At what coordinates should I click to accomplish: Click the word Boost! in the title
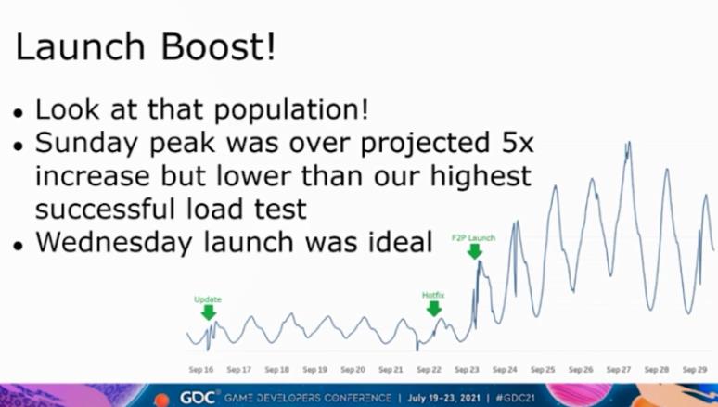tap(218, 46)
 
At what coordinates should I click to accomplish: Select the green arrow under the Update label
tap(209, 312)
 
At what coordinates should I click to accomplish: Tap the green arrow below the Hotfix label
tap(434, 309)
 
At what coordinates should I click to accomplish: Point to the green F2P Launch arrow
tap(475, 251)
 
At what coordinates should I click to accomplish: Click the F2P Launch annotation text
tap(473, 238)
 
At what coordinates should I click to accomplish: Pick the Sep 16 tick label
tap(201, 370)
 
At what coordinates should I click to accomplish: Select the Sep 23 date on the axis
tap(467, 370)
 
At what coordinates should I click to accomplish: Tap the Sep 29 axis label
tap(695, 370)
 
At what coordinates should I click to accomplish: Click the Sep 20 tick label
tap(353, 370)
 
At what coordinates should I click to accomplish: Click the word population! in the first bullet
tap(291, 110)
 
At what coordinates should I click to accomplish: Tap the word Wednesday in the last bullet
tap(114, 242)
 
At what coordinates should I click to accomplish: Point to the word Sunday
tap(86, 144)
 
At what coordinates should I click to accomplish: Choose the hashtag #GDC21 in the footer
tap(515, 398)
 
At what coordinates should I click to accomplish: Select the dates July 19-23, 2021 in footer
tap(443, 398)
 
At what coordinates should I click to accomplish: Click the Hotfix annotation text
tap(433, 296)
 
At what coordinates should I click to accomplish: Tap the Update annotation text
tap(208, 299)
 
